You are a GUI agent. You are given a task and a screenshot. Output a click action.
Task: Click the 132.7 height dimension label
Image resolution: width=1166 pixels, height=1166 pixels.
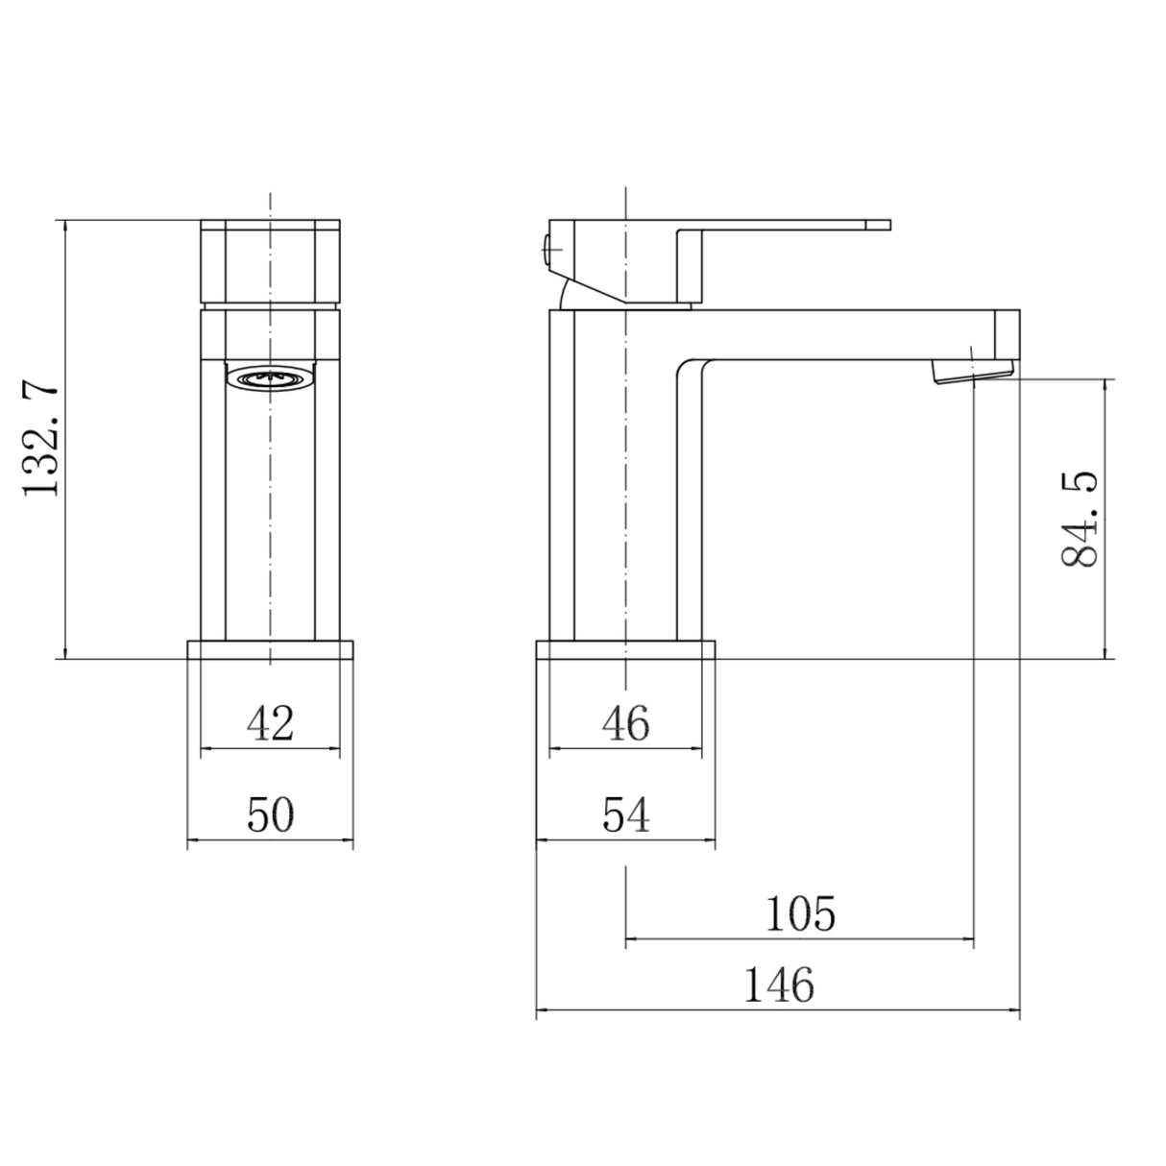point(42,439)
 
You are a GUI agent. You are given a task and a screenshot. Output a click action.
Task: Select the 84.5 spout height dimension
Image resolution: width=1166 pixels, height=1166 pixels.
point(1082,520)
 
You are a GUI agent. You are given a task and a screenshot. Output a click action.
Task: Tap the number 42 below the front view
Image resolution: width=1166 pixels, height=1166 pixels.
point(270,722)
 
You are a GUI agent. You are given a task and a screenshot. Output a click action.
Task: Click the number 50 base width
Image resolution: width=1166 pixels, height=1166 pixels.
point(270,815)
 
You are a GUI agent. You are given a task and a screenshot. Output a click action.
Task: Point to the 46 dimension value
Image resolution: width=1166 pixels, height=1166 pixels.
point(625,722)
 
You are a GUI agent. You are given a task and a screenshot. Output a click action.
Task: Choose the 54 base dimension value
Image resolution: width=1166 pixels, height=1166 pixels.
point(626,815)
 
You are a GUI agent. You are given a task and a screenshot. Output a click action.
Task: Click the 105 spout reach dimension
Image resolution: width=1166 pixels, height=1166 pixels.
point(800,913)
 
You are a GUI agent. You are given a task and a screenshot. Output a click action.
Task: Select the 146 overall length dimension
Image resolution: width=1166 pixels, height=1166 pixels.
point(778,985)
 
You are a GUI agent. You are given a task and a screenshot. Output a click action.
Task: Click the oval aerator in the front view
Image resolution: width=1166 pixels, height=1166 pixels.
point(270,379)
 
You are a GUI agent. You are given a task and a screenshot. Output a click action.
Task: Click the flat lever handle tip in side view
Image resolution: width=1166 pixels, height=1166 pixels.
point(876,226)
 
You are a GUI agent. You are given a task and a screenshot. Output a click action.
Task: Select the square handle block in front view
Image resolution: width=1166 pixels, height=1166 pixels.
point(270,261)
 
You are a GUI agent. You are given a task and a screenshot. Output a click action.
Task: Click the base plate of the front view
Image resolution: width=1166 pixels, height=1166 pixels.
point(270,649)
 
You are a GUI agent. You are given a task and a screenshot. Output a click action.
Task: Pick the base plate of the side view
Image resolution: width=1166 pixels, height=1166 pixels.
point(625,649)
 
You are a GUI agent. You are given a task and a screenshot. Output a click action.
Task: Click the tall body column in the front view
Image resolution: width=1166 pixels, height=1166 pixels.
point(270,509)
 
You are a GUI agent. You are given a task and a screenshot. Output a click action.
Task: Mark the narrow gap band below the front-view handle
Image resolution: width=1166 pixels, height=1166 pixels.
point(270,304)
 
